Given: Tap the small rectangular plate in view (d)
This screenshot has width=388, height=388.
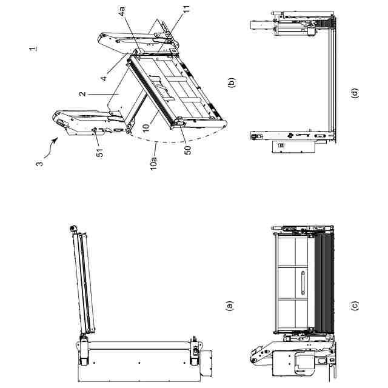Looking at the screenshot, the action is pyautogui.click(x=280, y=145).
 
